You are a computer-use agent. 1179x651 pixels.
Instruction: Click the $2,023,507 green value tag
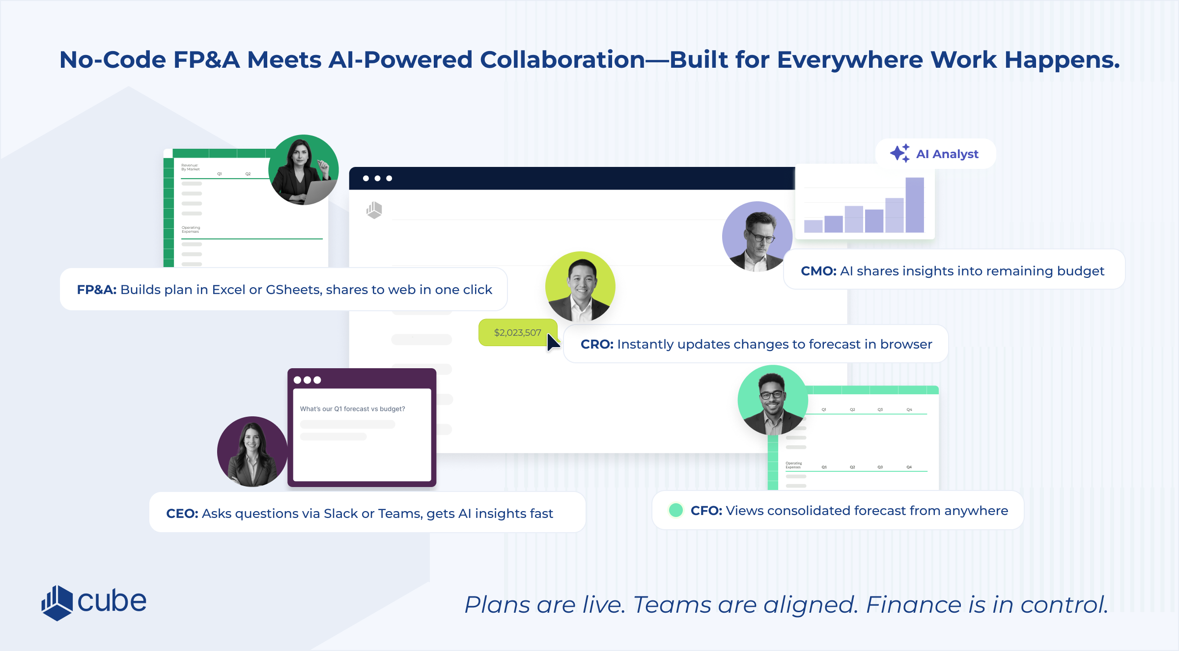(517, 332)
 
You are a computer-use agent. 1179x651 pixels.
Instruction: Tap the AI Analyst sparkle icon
(899, 153)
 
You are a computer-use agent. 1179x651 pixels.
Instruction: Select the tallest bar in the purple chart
(914, 205)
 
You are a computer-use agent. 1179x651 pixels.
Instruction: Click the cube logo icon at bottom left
(57, 602)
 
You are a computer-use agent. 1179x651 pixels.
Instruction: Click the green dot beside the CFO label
(676, 510)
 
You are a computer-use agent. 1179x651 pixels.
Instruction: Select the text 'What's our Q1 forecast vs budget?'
(352, 409)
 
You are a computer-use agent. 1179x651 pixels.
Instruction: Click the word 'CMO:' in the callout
(818, 271)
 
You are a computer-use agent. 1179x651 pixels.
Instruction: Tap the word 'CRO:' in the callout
(597, 344)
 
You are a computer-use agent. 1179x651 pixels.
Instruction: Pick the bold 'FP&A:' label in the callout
(96, 290)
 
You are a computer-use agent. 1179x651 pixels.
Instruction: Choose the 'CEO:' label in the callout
(182, 514)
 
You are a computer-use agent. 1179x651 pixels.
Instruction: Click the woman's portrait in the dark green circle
(303, 170)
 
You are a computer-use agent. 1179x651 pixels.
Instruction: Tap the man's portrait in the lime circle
(580, 287)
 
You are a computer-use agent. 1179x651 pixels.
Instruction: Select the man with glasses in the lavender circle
(757, 237)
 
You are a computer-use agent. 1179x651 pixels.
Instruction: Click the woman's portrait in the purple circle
(252, 452)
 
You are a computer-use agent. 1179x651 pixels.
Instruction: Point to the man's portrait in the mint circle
(772, 400)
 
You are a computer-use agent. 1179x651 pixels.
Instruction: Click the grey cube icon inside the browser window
(374, 210)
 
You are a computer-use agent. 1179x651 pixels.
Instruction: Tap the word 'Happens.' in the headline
(1062, 60)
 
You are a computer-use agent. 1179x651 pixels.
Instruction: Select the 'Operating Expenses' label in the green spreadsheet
(191, 229)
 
